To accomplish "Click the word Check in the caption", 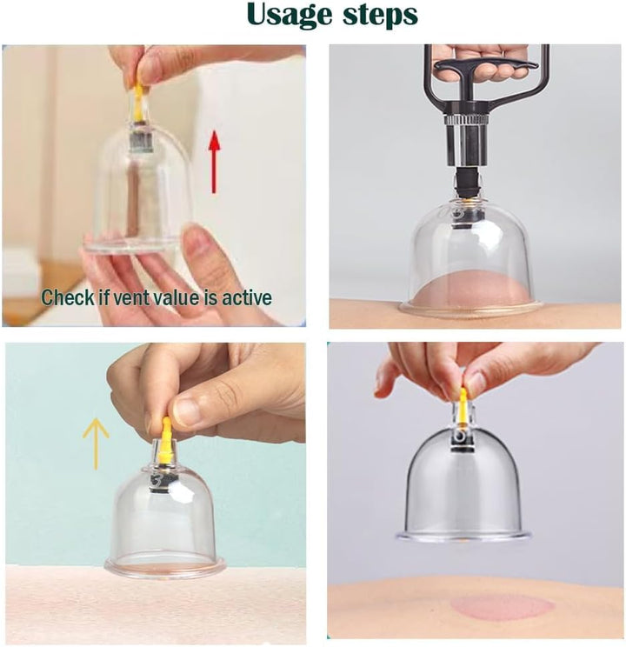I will click(x=68, y=297).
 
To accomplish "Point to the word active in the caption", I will click(x=246, y=297).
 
